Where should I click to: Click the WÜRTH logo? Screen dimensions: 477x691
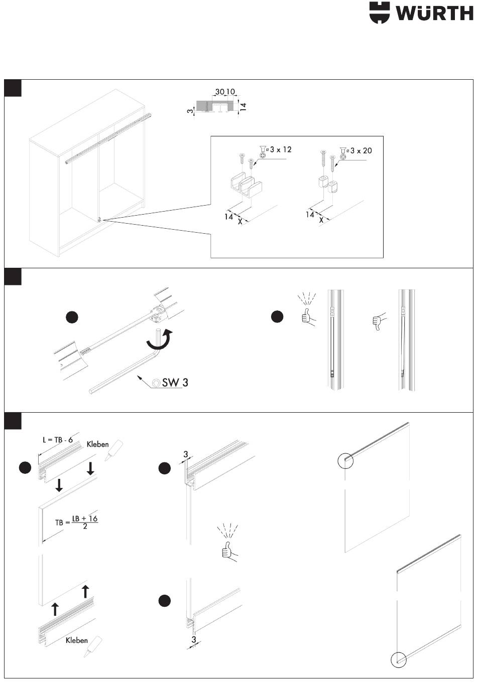421,13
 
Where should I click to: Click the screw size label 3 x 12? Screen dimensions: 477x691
280,149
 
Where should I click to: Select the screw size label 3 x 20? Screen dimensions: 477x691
361,150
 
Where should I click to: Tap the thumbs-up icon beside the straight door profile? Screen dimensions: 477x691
306,316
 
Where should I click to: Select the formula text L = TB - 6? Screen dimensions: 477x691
57,440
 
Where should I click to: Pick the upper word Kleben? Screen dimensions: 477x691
97,444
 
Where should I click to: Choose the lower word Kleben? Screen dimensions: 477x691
76,640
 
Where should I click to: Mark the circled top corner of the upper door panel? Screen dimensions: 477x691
346,460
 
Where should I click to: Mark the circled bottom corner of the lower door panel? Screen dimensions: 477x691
398,660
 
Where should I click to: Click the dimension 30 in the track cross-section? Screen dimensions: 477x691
219,92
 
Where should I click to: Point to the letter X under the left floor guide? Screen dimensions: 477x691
240,221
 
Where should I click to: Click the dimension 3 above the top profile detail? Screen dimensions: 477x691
185,454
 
